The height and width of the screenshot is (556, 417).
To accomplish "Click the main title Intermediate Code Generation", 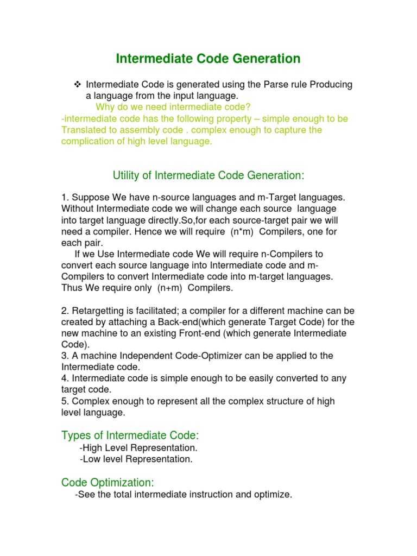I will pos(208,58).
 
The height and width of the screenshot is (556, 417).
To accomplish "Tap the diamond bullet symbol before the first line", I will pos(77,84).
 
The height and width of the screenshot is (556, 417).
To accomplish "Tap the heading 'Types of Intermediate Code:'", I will pos(130,435).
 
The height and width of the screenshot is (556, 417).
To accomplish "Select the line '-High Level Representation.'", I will pos(138,448).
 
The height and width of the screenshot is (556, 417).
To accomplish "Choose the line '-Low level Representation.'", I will pos(136,459).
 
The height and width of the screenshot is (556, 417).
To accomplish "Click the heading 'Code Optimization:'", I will pos(108,482).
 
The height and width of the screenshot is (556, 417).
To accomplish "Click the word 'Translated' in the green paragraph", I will pos(85,130).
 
